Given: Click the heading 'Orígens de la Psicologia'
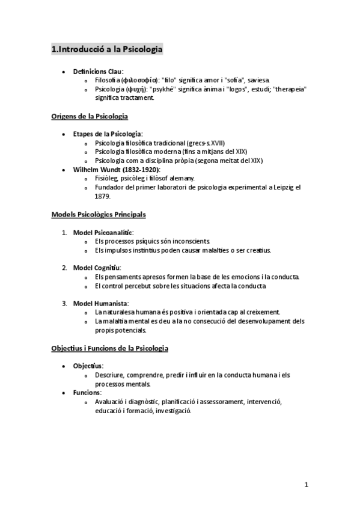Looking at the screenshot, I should [x=90, y=116].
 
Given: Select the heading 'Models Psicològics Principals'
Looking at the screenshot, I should [x=99, y=214].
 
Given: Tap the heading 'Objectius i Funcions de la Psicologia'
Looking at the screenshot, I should [x=110, y=348].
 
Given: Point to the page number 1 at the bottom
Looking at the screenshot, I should [x=306, y=485].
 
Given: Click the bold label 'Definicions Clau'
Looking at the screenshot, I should [x=97, y=71].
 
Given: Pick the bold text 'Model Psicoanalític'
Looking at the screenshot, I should [x=103, y=232].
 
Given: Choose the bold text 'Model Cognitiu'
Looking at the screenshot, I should [x=97, y=268].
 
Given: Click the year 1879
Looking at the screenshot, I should [x=103, y=196].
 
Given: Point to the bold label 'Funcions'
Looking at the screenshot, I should [x=87, y=393].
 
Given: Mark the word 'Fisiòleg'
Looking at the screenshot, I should [x=106, y=179].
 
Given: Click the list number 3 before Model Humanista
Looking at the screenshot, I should [x=64, y=303].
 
